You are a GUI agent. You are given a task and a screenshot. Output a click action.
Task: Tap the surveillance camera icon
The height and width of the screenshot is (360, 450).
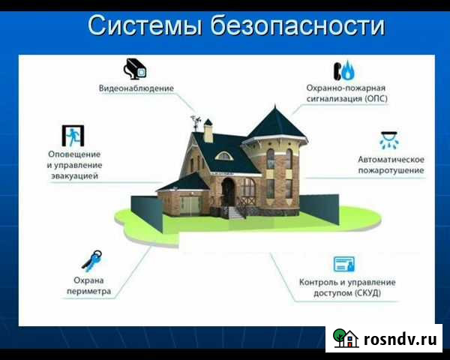click(136, 68)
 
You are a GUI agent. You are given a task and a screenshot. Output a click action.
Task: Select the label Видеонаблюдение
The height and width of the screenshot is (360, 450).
click(136, 88)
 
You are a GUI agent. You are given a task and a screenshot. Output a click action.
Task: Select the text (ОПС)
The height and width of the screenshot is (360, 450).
click(371, 97)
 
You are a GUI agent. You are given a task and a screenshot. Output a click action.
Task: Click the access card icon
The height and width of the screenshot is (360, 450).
click(344, 263)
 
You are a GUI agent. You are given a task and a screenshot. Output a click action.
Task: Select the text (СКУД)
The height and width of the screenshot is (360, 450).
click(365, 292)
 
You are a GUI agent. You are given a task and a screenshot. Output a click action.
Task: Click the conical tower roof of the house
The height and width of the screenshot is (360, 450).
click(275, 124)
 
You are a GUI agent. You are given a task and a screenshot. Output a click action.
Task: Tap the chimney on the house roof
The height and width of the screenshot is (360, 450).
click(209, 133)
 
